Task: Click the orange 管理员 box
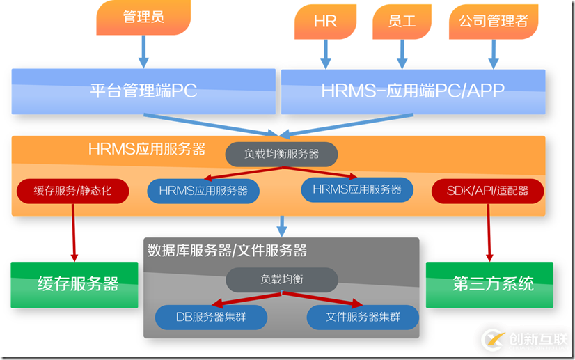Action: click(143, 17)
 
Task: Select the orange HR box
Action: click(325, 22)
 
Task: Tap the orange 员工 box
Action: click(402, 22)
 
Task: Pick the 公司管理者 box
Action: click(493, 21)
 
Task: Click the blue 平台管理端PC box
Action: click(143, 91)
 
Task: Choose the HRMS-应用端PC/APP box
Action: click(412, 91)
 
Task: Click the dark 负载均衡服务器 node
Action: click(281, 154)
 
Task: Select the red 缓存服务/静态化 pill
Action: click(72, 191)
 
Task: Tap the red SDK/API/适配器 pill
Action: click(487, 191)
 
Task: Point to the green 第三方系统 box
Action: click(489, 284)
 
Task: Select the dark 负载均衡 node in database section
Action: click(281, 279)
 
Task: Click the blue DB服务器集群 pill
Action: click(211, 318)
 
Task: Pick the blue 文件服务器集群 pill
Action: click(363, 318)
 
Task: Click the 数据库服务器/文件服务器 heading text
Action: click(227, 249)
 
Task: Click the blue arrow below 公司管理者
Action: click(494, 53)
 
